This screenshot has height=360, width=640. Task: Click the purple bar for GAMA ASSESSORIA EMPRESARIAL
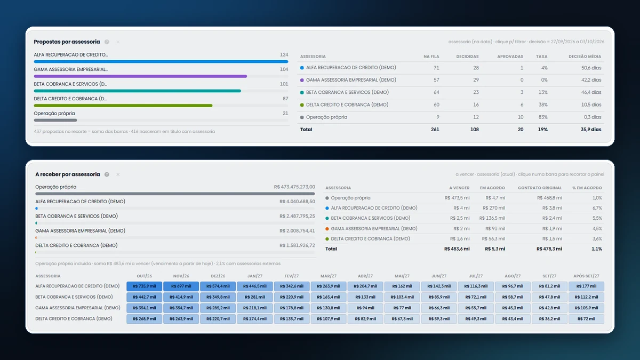pos(140,76)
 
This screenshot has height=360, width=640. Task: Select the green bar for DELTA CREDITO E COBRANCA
pos(123,106)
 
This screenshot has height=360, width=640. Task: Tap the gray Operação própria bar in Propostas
pos(55,121)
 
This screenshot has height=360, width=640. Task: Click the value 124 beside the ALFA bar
pos(284,54)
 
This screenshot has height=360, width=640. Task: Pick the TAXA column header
pos(542,57)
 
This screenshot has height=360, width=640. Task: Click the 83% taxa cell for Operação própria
pos(543,117)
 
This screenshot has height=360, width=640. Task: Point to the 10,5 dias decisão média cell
pos(591,105)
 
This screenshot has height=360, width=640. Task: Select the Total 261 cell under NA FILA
pos(435,130)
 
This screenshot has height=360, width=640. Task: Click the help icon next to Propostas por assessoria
pos(107,42)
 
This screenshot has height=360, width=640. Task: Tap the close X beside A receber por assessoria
pos(118,174)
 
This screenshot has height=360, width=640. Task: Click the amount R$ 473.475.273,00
pos(294,187)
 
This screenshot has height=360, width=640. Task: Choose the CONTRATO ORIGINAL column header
pos(540,188)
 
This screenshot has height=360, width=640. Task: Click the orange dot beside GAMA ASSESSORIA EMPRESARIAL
pos(327,229)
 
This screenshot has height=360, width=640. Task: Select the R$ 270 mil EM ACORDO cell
pos(494,208)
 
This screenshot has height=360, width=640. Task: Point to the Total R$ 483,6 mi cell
pos(457,249)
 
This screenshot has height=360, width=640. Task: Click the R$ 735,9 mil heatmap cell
pos(145,286)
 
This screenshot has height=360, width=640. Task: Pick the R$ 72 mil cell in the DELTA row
pos(586,319)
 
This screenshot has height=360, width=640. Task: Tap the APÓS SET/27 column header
pos(586,276)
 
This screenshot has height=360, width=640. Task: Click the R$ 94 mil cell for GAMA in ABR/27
pos(365,308)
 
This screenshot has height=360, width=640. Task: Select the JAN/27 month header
pos(255,276)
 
